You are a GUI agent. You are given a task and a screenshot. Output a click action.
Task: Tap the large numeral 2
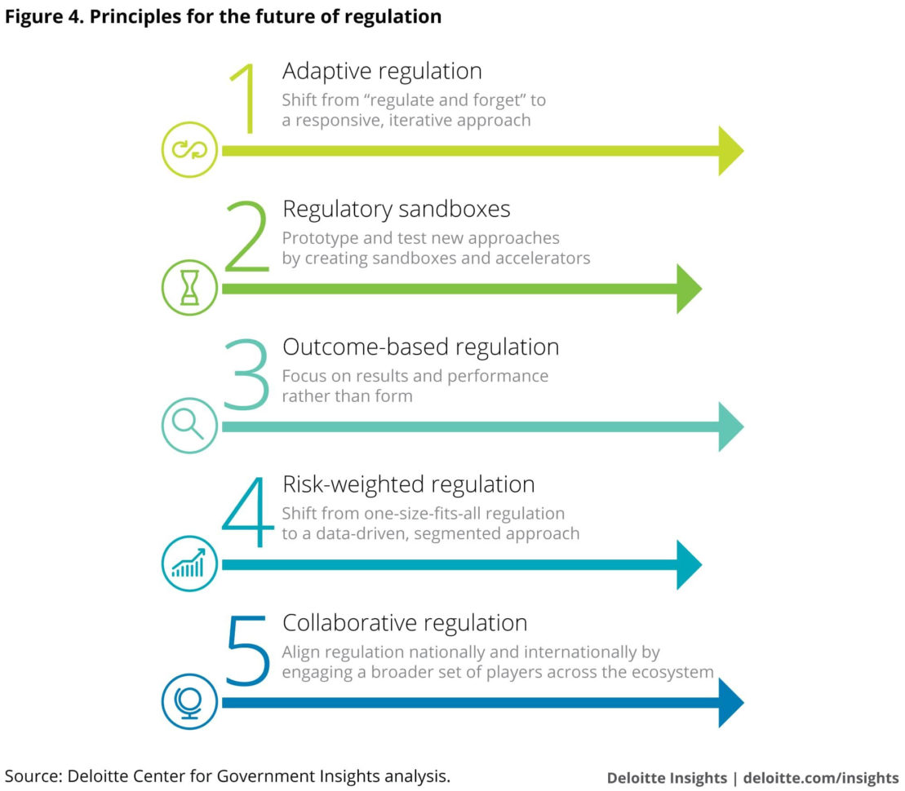pos(246,236)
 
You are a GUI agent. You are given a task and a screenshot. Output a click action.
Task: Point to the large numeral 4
pos(247,511)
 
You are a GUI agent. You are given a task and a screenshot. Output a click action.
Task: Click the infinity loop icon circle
pos(189,150)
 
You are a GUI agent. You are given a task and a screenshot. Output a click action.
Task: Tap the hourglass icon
pos(189,288)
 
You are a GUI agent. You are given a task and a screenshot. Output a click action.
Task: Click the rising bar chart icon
pos(189,563)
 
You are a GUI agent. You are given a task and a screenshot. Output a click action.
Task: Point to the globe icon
pos(189,701)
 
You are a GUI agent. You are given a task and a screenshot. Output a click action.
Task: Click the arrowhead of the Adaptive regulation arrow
pos(730,151)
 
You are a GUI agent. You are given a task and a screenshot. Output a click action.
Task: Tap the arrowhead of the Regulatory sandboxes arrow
pos(688,289)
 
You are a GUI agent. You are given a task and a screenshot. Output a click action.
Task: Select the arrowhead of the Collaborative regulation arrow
pos(730,702)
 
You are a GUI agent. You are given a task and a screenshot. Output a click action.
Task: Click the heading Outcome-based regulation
pos(420,347)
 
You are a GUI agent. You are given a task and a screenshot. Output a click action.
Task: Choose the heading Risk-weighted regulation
pos(408,484)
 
